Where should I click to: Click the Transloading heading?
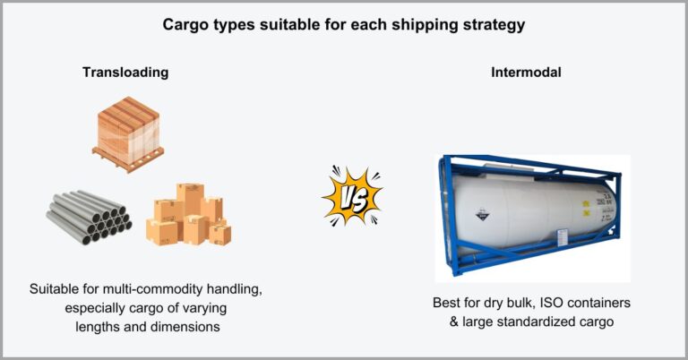point(125,72)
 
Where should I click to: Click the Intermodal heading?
point(527,72)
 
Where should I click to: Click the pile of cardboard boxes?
point(189,214)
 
